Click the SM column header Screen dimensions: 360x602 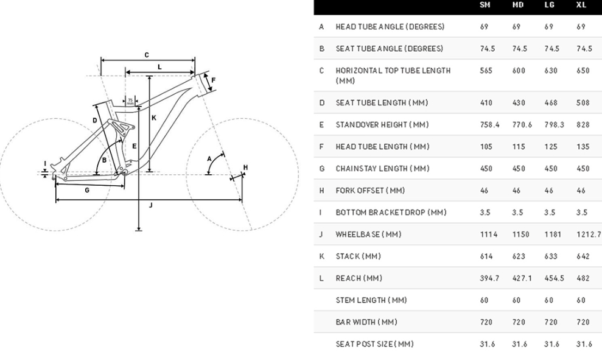point(485,5)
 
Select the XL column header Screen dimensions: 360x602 point(581,5)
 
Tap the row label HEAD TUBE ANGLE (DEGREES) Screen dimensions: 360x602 point(390,27)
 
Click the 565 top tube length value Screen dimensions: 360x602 point(486,71)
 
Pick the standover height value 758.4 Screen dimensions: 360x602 point(489,125)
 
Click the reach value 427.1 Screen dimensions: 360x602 point(522,278)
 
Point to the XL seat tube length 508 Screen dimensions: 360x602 point(583,103)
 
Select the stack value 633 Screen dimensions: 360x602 point(551,256)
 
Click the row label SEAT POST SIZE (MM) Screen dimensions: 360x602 point(374,344)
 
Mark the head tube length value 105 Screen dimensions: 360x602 point(486,147)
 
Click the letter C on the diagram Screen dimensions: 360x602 point(147,55)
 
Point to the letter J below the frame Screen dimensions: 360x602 point(150,205)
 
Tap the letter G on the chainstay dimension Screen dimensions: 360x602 point(87,190)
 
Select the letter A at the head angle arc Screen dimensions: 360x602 point(209,158)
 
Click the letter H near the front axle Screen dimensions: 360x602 point(245,167)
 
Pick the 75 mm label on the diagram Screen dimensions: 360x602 point(130,101)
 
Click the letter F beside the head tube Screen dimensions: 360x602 point(213,79)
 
